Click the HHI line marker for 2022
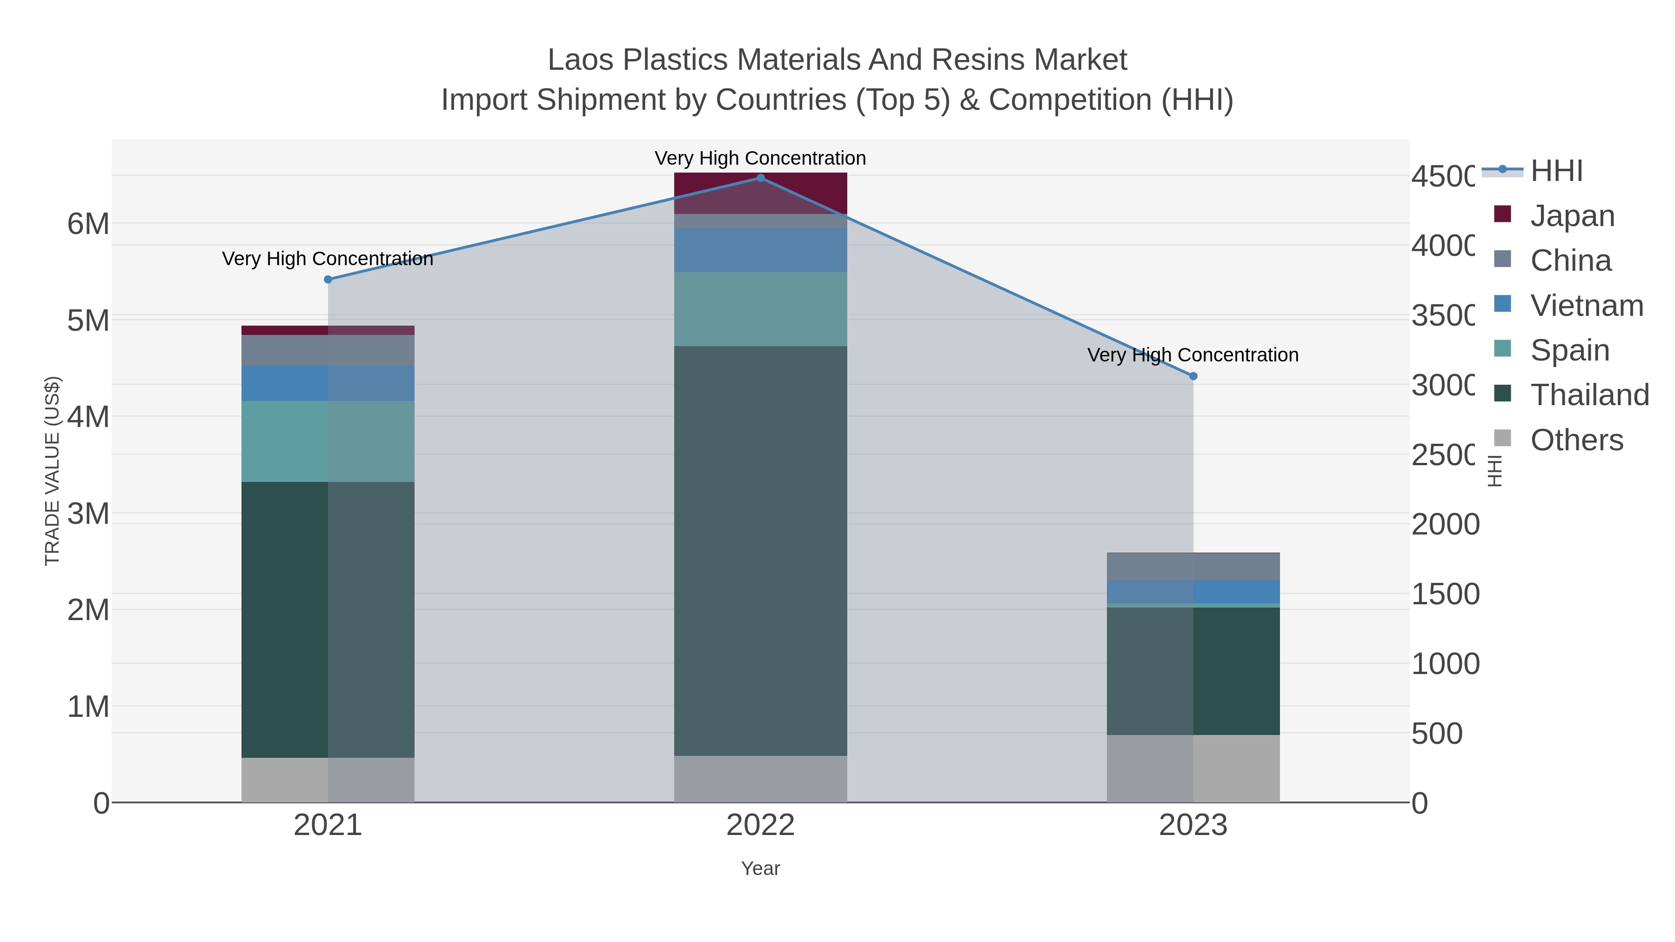click(760, 178)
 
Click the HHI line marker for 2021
click(328, 280)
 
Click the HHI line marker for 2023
click(1193, 376)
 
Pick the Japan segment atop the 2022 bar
click(760, 193)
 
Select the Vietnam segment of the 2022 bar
click(760, 250)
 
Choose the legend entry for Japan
click(1572, 216)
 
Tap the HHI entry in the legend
click(1556, 171)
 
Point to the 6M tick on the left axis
click(88, 224)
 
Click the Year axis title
click(760, 869)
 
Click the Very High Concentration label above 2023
click(1193, 355)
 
